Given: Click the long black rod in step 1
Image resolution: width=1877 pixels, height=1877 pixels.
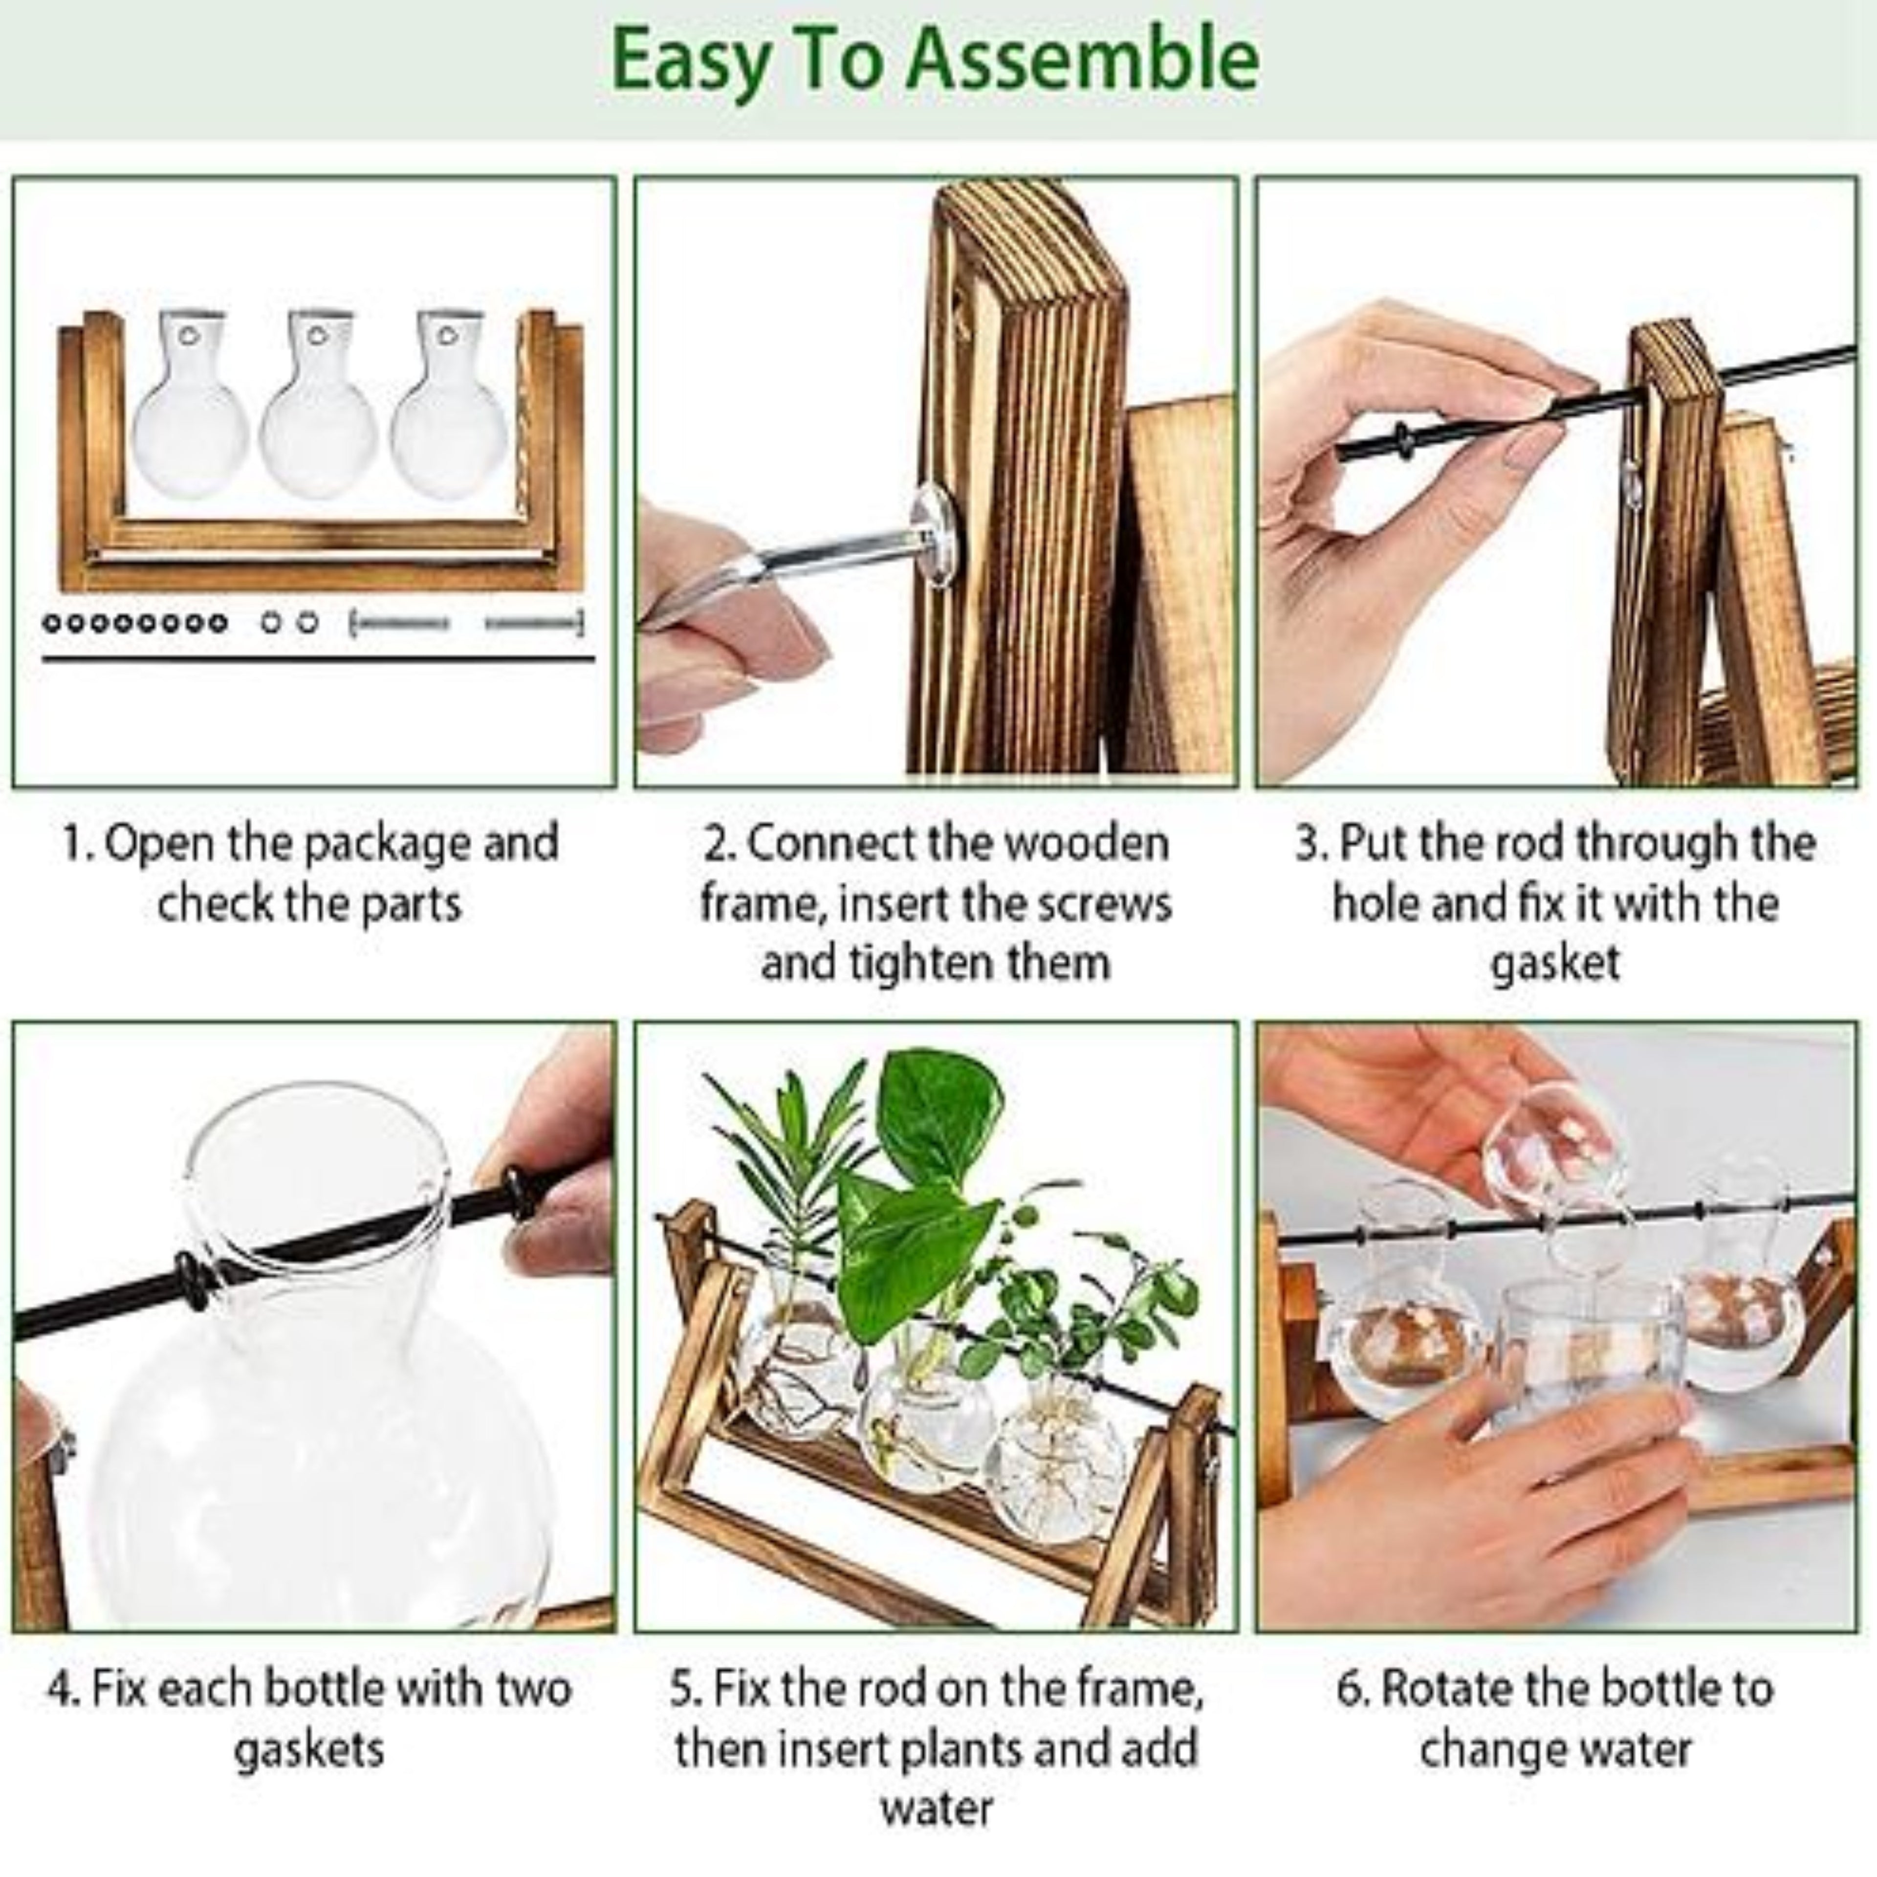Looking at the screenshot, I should pos(318,660).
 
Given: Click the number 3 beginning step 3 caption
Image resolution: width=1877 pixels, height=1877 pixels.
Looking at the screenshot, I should pos(1309,843).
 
